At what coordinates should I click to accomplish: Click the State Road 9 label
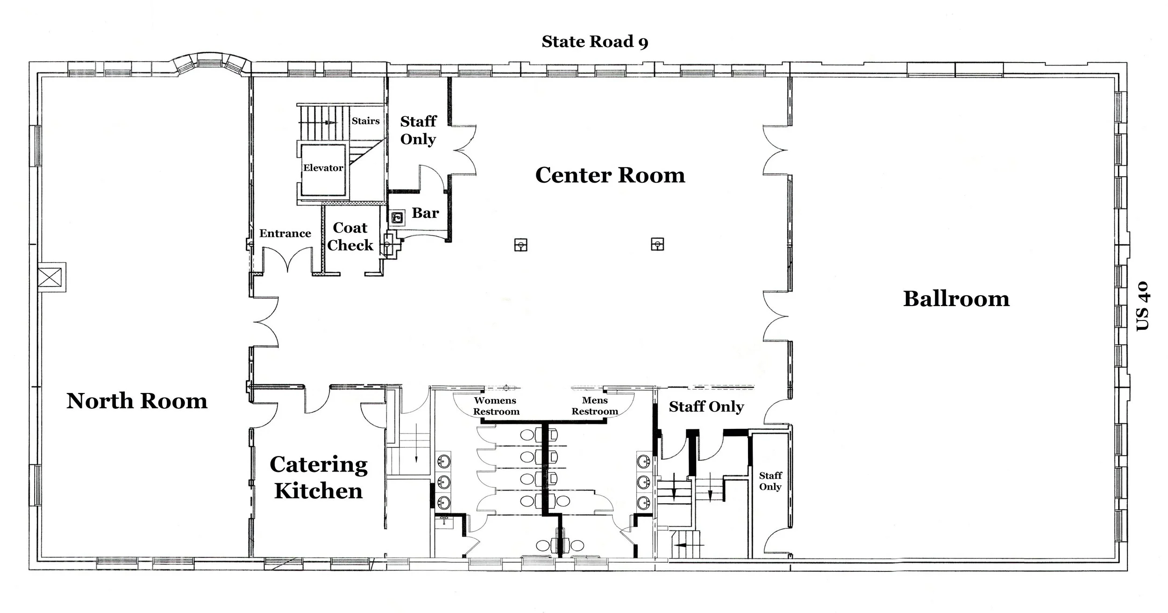[595, 42]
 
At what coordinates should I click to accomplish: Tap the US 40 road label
[1143, 306]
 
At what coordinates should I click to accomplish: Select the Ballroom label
[956, 299]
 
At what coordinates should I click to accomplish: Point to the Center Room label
[610, 176]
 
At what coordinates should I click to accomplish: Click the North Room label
[137, 401]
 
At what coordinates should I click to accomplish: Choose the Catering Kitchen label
[319, 478]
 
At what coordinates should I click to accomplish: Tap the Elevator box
[323, 169]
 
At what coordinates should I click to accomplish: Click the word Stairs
[365, 121]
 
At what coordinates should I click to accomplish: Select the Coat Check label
[350, 236]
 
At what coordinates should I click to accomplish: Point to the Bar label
[425, 214]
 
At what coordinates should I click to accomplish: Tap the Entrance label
[285, 234]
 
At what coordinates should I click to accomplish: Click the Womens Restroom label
[496, 406]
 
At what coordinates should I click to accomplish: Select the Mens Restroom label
[595, 406]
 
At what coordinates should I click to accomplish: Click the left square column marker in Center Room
[520, 245]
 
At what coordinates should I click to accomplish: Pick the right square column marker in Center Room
[657, 244]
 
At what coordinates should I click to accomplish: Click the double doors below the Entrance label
[287, 262]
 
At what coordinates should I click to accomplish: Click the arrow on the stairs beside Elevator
[330, 122]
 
